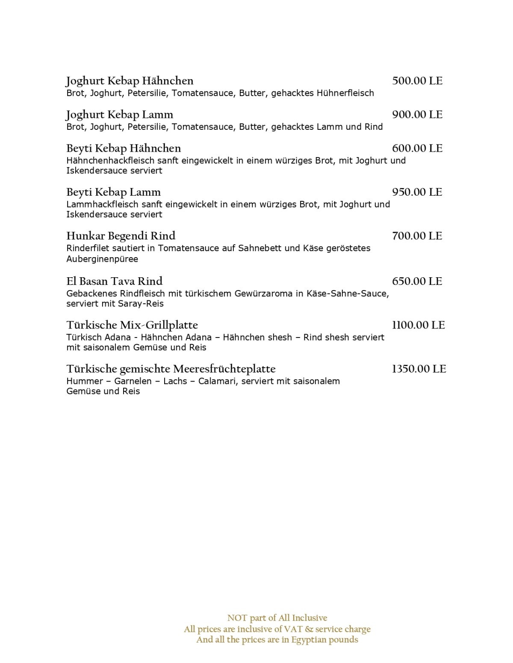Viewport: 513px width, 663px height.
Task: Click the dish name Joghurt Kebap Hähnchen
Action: click(x=130, y=81)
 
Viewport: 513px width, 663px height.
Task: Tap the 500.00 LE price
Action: click(x=417, y=81)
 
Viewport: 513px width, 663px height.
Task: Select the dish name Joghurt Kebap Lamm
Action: click(x=120, y=115)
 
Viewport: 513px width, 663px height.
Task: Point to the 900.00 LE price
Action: click(x=417, y=114)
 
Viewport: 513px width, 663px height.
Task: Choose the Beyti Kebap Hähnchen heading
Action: click(x=124, y=149)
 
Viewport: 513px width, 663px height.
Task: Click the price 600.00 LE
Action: click(x=417, y=148)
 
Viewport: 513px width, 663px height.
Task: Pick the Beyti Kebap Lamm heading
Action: click(x=113, y=192)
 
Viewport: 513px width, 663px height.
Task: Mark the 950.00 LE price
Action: click(x=417, y=192)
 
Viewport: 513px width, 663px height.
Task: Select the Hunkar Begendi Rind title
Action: click(x=121, y=236)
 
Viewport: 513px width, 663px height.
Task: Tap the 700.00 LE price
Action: click(x=417, y=236)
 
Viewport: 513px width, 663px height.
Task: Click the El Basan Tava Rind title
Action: click(x=114, y=281)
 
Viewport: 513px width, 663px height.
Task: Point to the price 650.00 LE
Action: click(x=417, y=281)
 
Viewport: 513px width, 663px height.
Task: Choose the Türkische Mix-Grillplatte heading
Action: click(x=132, y=325)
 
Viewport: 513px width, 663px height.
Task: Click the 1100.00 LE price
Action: click(x=418, y=325)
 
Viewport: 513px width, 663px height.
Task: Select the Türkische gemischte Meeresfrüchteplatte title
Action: click(x=171, y=369)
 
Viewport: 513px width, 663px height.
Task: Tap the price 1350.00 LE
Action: click(x=419, y=369)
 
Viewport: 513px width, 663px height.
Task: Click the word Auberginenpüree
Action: click(x=102, y=259)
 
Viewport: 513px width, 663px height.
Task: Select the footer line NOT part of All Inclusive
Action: click(x=277, y=618)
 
